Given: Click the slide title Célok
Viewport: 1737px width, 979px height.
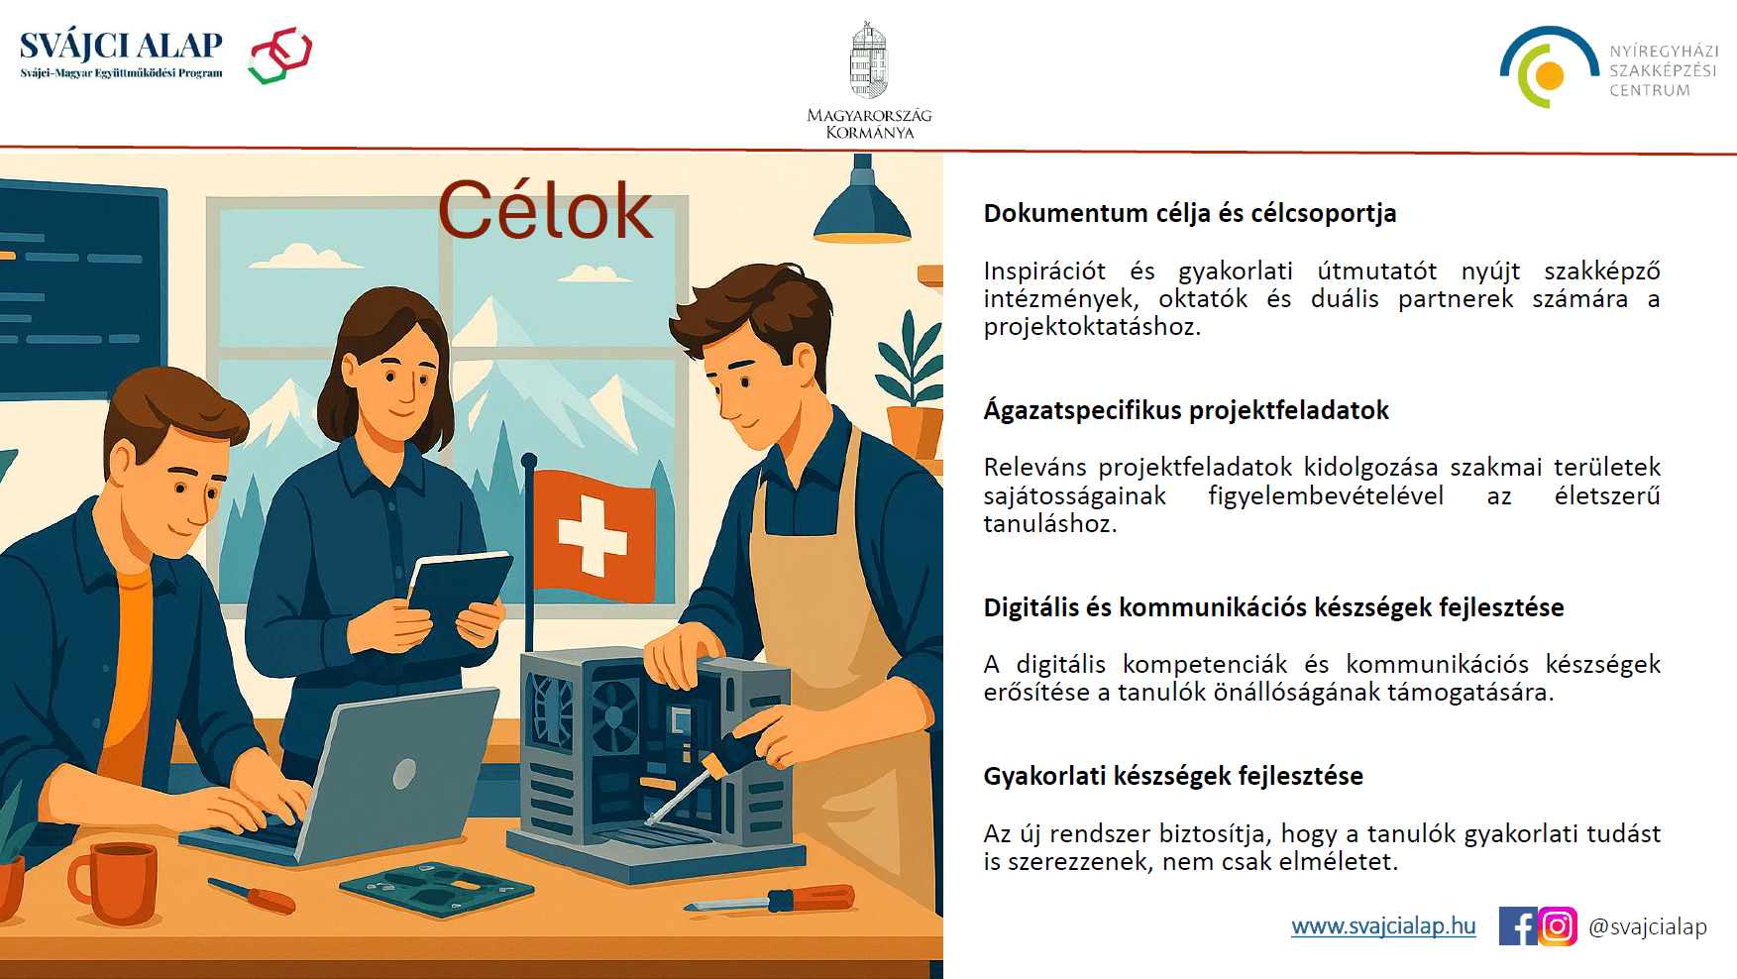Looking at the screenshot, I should pos(545,210).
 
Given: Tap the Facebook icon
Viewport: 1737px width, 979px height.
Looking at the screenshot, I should pos(1517,926).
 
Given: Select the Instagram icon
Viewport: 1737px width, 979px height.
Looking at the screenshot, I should pos(1558,926).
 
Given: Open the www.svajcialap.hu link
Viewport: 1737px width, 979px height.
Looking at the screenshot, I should pos(1383,925).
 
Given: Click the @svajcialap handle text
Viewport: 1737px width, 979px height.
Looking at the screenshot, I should pos(1647,926).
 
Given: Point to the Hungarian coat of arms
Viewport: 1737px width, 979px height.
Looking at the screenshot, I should pos(869,61).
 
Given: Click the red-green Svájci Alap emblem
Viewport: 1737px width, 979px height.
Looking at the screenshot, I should pos(280,54).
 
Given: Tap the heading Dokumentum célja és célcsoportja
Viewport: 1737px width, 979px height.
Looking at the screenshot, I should pos(1189,213).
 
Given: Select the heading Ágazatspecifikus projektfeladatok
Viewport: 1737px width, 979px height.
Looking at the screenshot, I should pos(1186,410).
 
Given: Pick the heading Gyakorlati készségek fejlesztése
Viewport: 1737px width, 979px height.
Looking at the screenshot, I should pos(1173,776).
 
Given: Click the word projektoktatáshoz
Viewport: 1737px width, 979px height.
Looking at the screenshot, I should pos(1092,327).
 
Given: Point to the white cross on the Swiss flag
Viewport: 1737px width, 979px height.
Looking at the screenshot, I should pos(593,535).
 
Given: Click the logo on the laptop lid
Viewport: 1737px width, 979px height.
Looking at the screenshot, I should pos(404,774).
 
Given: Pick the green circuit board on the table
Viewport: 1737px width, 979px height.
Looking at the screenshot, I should pos(436,886).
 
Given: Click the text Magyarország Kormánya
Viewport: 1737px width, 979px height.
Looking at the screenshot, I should pos(869,124).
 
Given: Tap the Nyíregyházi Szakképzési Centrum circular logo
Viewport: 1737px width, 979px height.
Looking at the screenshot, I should pos(1547,67).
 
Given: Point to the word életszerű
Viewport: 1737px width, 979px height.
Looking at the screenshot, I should pos(1606,495).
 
